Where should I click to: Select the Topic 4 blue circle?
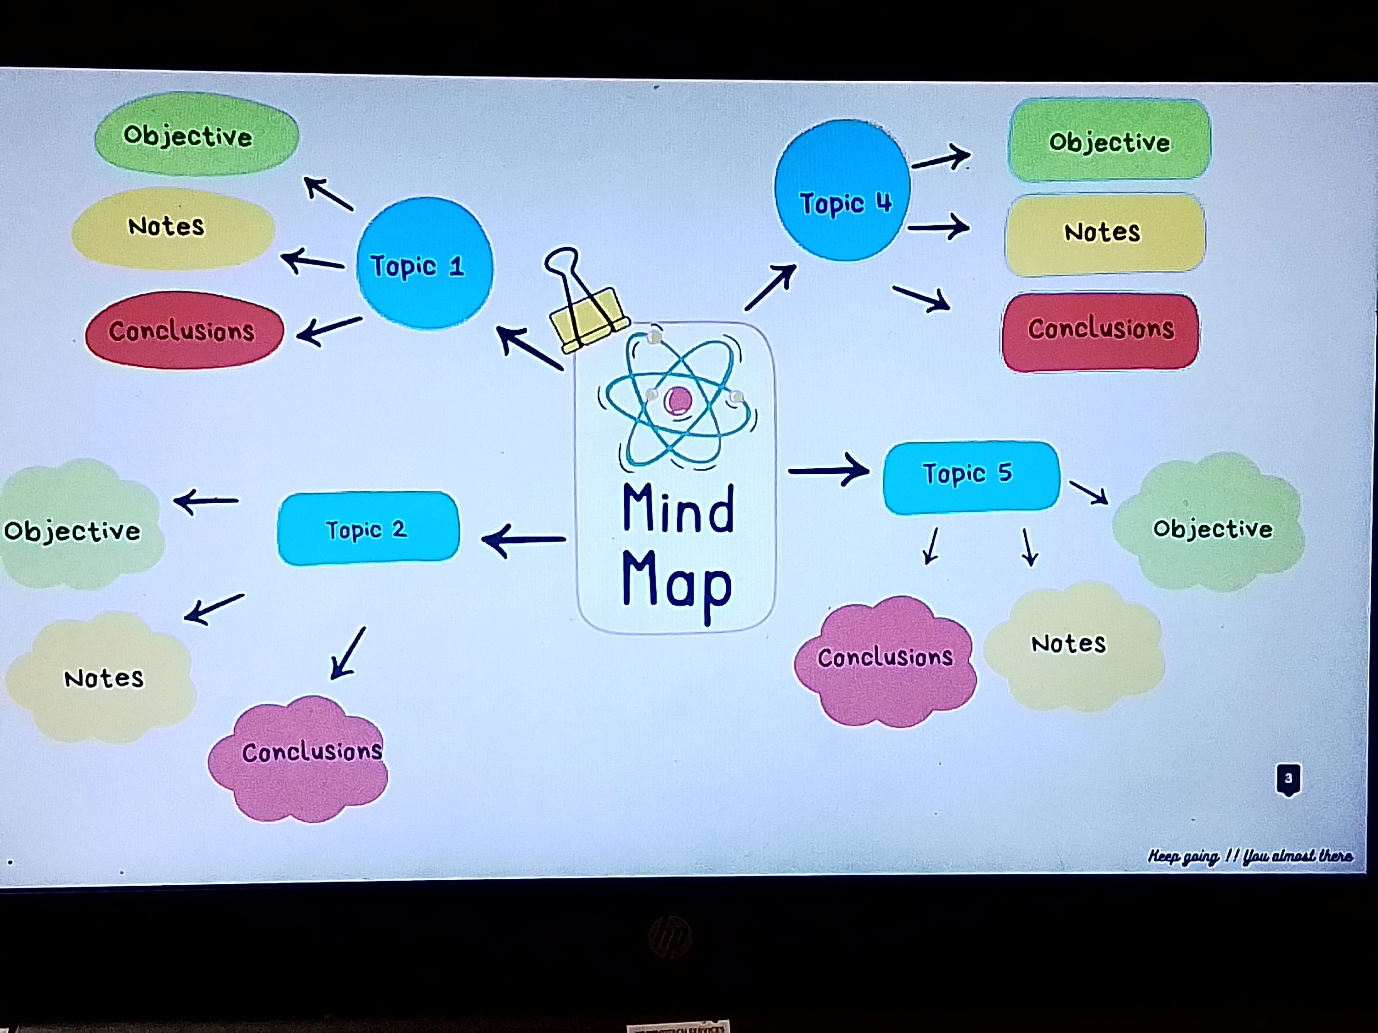click(x=842, y=191)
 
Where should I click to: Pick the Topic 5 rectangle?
click(x=971, y=477)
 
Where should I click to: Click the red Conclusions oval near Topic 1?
click(x=184, y=331)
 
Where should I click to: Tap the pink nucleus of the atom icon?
click(x=678, y=400)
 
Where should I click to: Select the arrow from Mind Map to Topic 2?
click(x=523, y=540)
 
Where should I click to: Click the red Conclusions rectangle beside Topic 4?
click(x=1100, y=331)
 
